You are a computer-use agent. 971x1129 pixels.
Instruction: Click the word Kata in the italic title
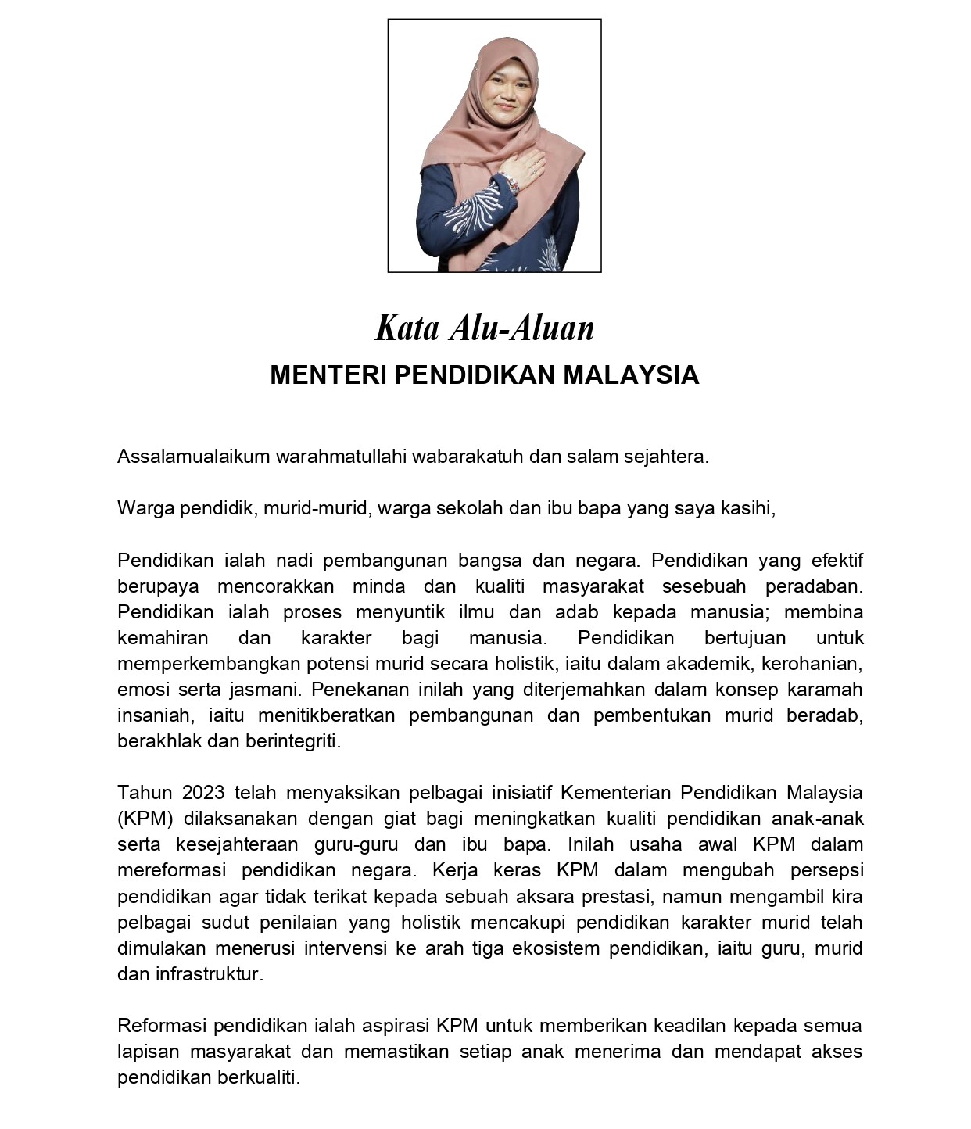pos(407,328)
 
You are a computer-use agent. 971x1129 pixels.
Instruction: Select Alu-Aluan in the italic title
pos(521,328)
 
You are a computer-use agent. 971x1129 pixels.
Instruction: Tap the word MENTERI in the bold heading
pos(328,375)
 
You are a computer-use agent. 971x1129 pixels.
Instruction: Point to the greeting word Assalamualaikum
pos(193,457)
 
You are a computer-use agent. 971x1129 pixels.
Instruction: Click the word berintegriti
pos(293,741)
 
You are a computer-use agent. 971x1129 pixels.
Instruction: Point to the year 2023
pos(203,793)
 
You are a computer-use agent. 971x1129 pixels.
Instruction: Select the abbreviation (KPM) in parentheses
pos(145,819)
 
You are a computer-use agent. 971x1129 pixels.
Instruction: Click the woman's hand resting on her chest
pos(525,165)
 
